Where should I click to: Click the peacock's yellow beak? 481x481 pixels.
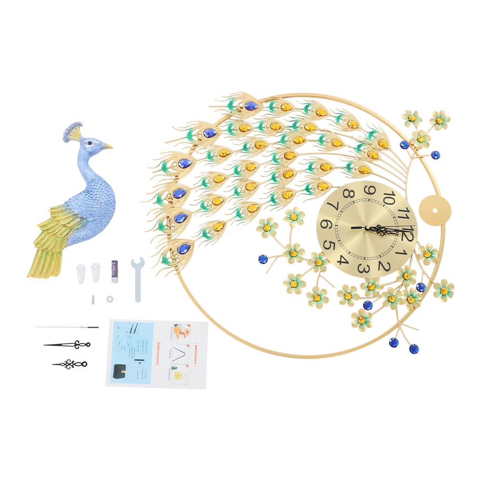pos(107,145)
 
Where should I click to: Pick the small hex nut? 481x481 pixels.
pos(109,299)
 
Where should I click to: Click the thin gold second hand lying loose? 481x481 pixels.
pos(67,328)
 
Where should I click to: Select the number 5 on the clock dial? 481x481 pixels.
pos(329,245)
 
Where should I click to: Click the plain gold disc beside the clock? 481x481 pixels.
pos(435,209)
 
